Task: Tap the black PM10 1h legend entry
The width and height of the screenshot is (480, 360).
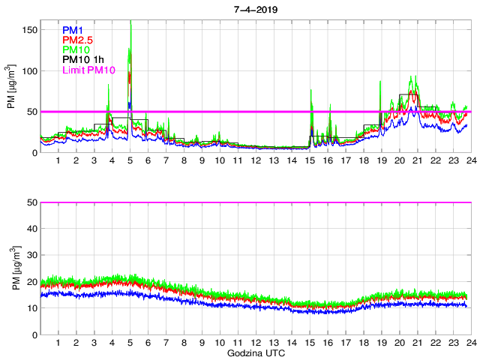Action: [x=83, y=60]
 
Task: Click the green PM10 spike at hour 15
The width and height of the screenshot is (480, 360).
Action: [x=311, y=91]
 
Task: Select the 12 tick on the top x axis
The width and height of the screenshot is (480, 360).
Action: [x=256, y=161]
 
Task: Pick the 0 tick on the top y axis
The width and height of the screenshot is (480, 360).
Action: [x=34, y=153]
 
